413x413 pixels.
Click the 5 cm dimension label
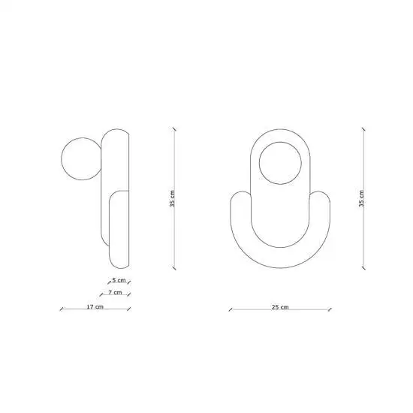coord(119,280)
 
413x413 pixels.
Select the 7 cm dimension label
coord(115,292)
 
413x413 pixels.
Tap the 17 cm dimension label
coord(95,307)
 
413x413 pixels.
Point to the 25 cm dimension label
coord(280,307)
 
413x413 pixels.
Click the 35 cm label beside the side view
coord(172,198)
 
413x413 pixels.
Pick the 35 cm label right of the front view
coord(361,198)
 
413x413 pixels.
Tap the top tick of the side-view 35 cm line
coord(174,129)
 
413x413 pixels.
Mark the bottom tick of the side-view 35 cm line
coord(174,268)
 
